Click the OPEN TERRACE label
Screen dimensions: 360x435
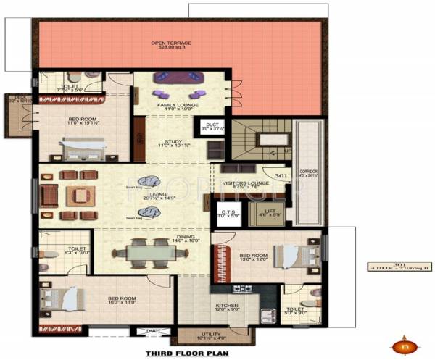pos(171,43)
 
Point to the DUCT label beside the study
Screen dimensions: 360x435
pos(212,125)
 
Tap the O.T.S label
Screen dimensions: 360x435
pos(227,212)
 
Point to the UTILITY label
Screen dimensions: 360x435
pos(215,335)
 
